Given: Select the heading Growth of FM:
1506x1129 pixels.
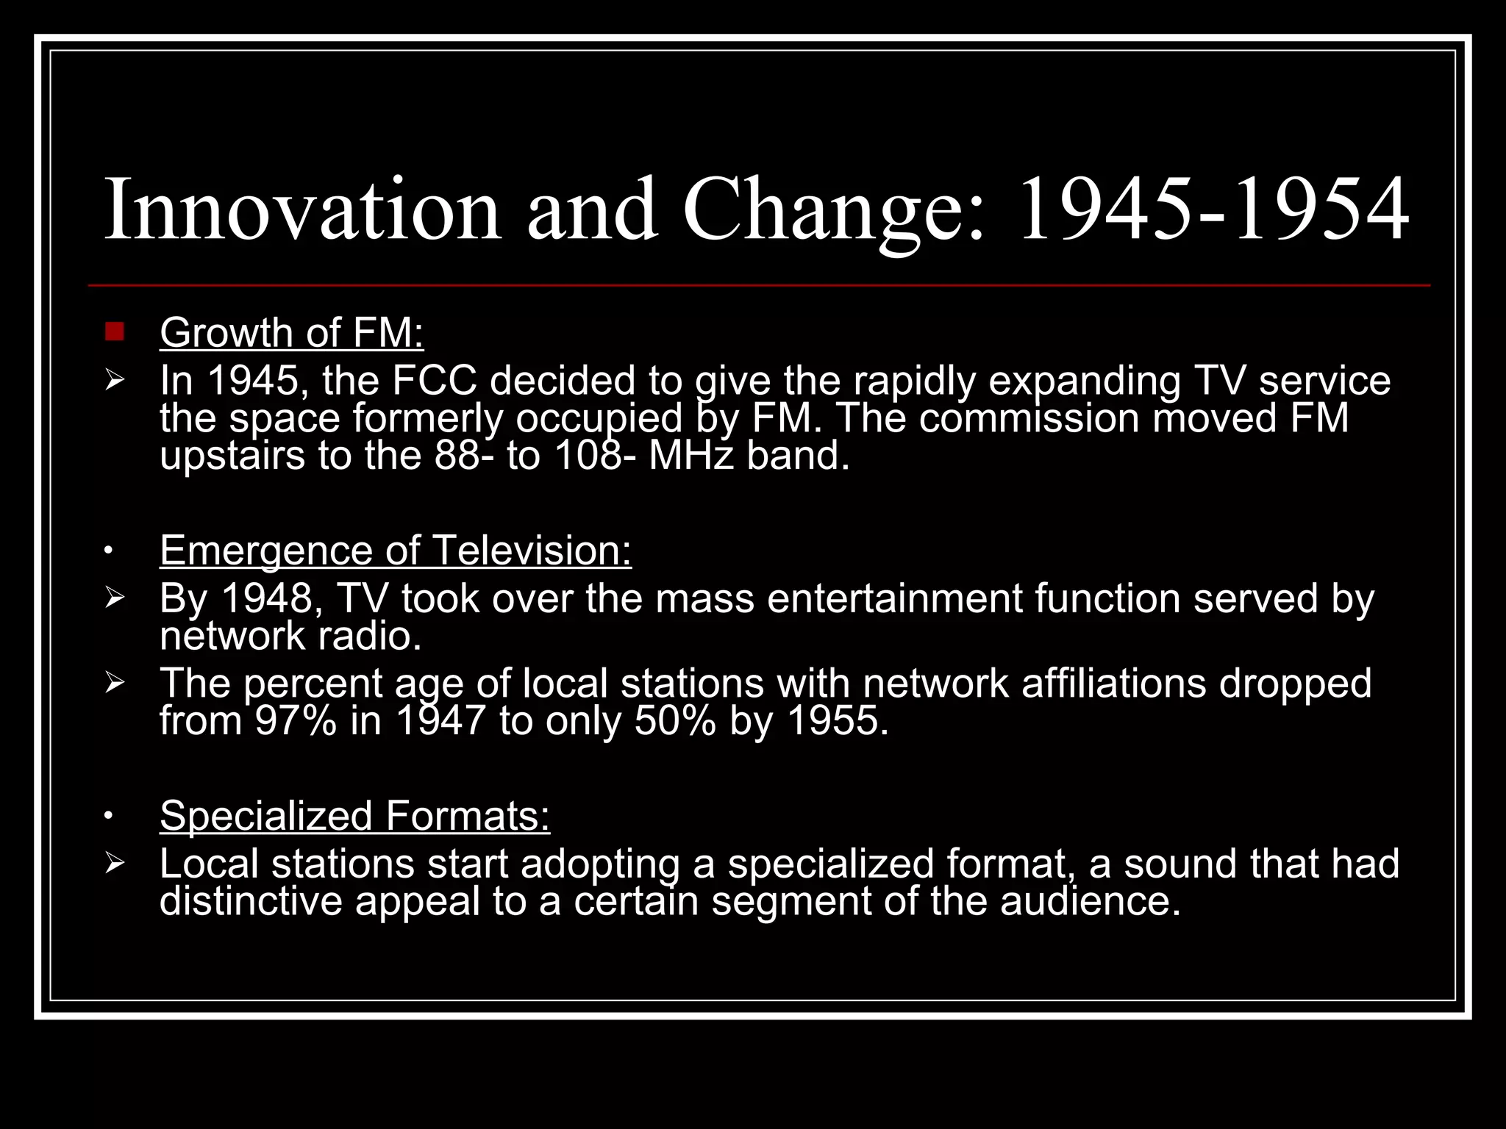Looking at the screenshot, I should pos(291,333).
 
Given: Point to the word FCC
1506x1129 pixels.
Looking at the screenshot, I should pos(434,381).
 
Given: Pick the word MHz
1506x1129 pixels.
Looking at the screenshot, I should pos(691,456).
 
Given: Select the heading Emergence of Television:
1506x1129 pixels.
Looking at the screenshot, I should pos(396,551).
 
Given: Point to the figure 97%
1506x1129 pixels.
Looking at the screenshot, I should pos(296,721).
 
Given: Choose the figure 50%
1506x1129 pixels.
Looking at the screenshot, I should pos(675,721).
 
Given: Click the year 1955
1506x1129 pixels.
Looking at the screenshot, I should pos(838,721).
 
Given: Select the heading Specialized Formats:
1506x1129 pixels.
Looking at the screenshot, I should pos(354,816).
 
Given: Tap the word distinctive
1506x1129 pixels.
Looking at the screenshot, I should pos(251,901).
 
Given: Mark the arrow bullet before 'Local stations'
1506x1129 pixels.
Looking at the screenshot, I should pos(115,863).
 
